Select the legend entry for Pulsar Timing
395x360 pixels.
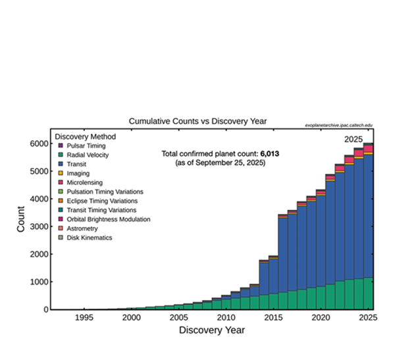pyautogui.click(x=83, y=145)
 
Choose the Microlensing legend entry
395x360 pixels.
pyautogui.click(x=82, y=182)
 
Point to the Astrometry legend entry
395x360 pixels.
pyautogui.click(x=82, y=228)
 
